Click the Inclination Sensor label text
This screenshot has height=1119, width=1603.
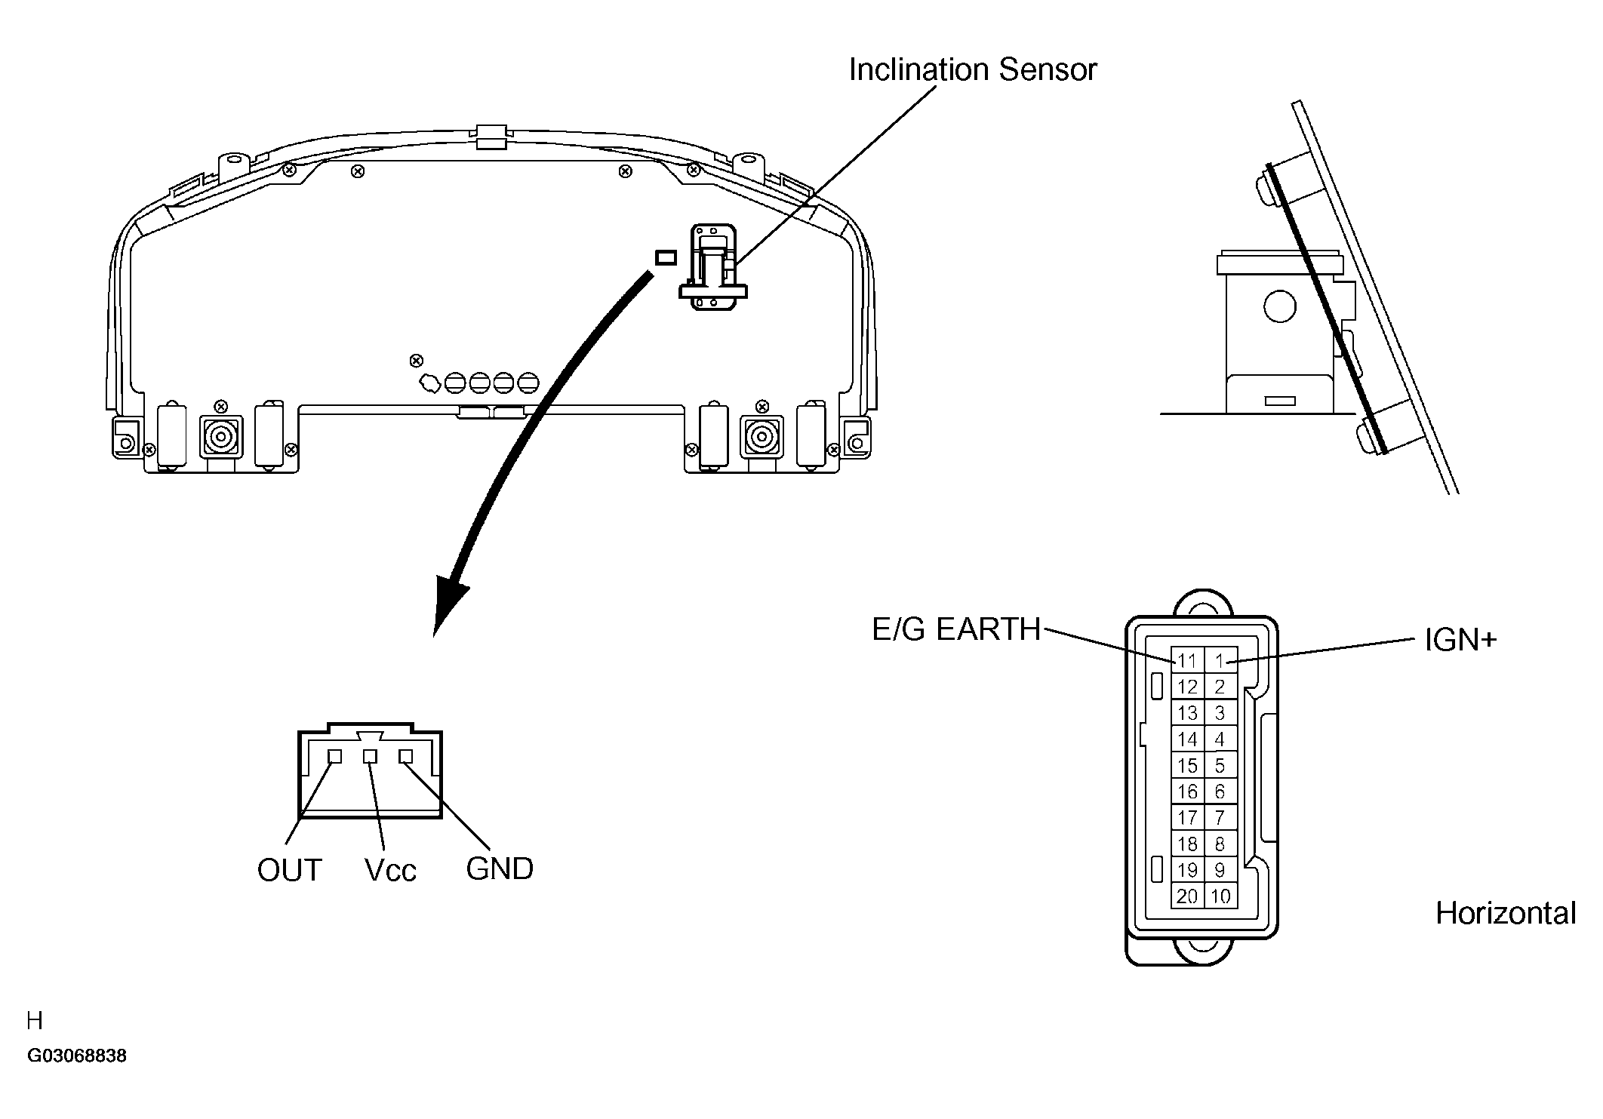972,69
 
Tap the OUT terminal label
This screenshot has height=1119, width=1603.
289,870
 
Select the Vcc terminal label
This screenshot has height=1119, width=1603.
390,870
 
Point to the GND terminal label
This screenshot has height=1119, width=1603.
499,868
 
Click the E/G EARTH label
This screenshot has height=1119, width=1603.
955,629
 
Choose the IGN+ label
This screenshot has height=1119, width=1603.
1460,640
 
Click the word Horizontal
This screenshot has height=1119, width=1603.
1505,913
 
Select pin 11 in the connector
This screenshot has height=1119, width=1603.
1187,661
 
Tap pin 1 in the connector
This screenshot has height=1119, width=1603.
1220,661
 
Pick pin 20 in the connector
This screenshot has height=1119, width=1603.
1187,896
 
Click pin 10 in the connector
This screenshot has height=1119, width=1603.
1220,896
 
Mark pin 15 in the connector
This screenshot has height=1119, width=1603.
1187,766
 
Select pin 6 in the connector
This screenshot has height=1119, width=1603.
1220,792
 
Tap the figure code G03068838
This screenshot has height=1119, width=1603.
77,1056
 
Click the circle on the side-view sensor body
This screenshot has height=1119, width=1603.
1279,306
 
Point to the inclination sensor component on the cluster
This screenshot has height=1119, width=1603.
713,266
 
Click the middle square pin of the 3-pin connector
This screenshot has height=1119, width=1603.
370,756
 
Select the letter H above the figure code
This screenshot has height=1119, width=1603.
35,1021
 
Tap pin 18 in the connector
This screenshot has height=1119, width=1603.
1187,844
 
